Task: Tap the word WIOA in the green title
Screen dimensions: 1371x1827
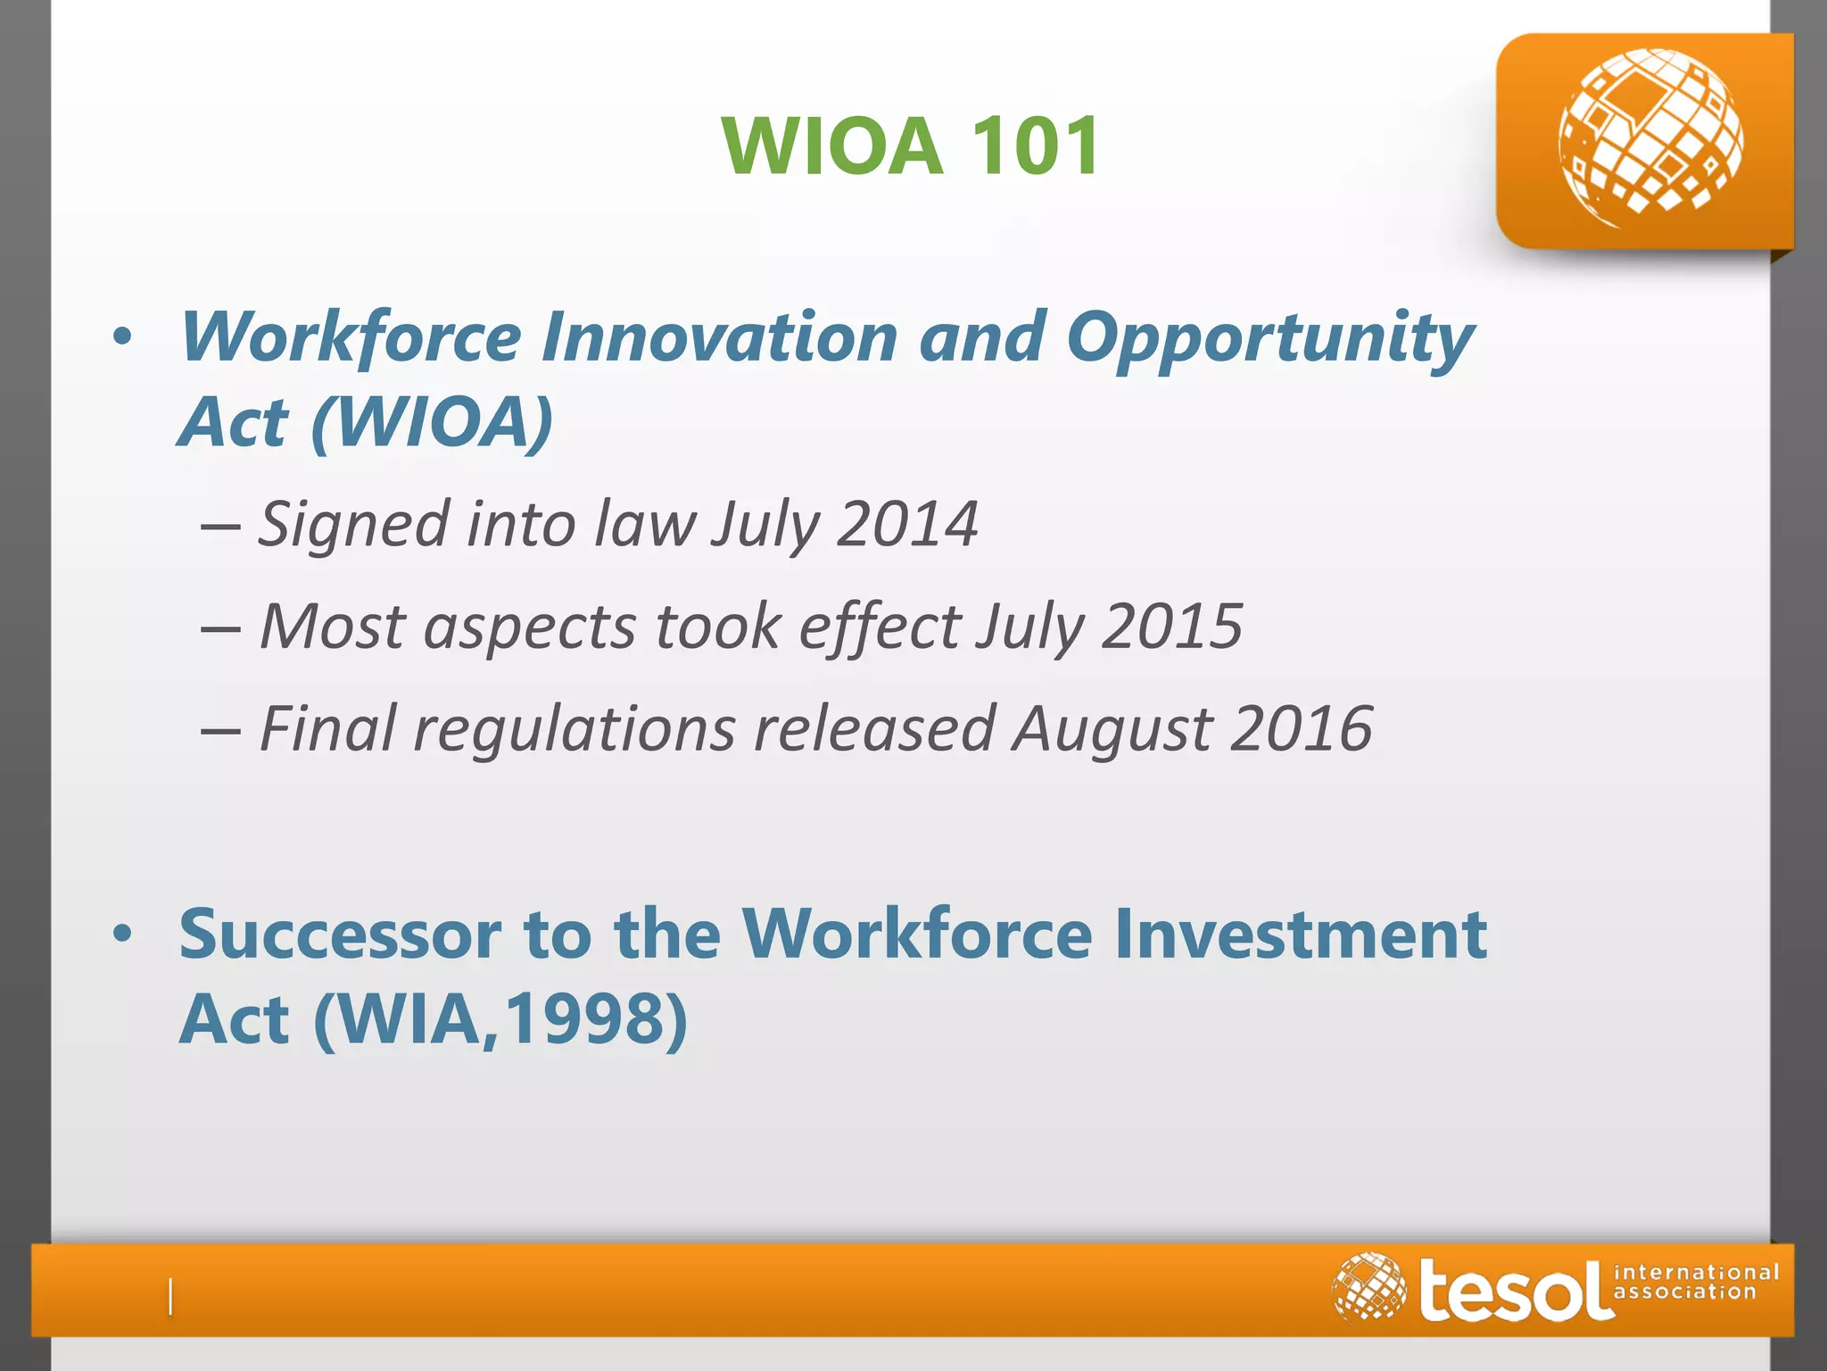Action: point(832,145)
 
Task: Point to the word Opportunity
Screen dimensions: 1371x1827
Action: point(1269,339)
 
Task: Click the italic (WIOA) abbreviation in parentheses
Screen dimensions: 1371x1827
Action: point(432,421)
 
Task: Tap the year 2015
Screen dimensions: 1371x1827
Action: point(1171,626)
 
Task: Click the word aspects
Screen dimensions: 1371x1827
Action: point(530,627)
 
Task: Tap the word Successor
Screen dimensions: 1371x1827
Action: point(340,934)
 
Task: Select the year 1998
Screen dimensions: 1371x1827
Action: point(583,1018)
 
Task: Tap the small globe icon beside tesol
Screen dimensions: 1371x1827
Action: point(1368,1286)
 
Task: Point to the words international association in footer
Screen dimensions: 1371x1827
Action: point(1695,1282)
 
